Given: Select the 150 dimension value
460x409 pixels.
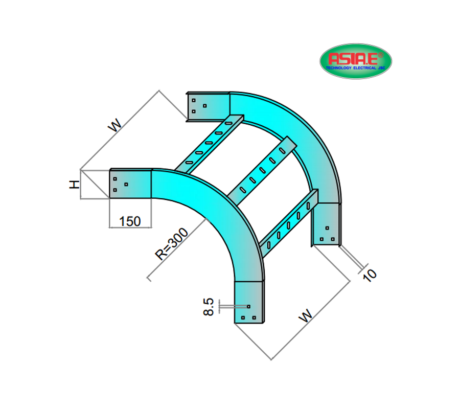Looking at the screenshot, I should pos(130,221).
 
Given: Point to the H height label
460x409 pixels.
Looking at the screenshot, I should pos(75,185).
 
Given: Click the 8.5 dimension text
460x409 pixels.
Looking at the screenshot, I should pos(209,307).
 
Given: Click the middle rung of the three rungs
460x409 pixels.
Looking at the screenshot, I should pos(261,169).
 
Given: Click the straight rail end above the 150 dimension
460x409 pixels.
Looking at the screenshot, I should pos(130,183).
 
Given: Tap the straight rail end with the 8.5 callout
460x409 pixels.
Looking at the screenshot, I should pos(250,302).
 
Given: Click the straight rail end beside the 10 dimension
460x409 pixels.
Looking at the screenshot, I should pos(327,224).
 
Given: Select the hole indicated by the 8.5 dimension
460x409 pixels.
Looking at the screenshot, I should pos(248,307).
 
